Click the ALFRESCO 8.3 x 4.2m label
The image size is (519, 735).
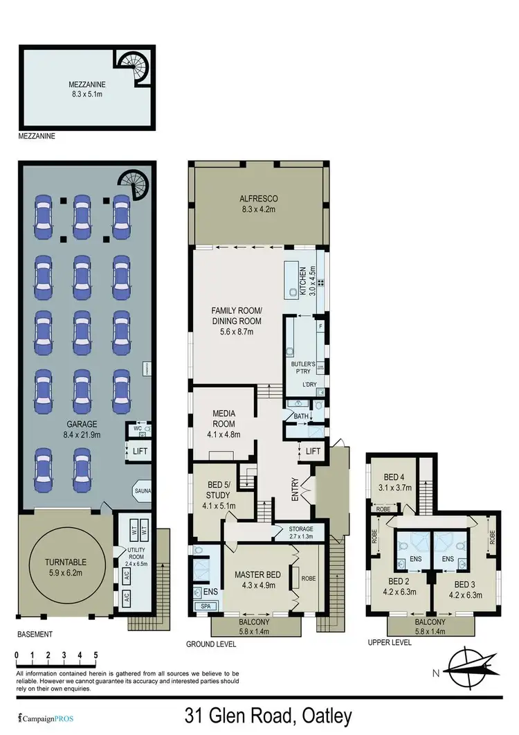[x=257, y=204]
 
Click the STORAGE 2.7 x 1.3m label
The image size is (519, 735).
[x=295, y=532]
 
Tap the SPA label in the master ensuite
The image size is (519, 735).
[x=204, y=606]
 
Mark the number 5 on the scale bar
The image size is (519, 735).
[x=95, y=655]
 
